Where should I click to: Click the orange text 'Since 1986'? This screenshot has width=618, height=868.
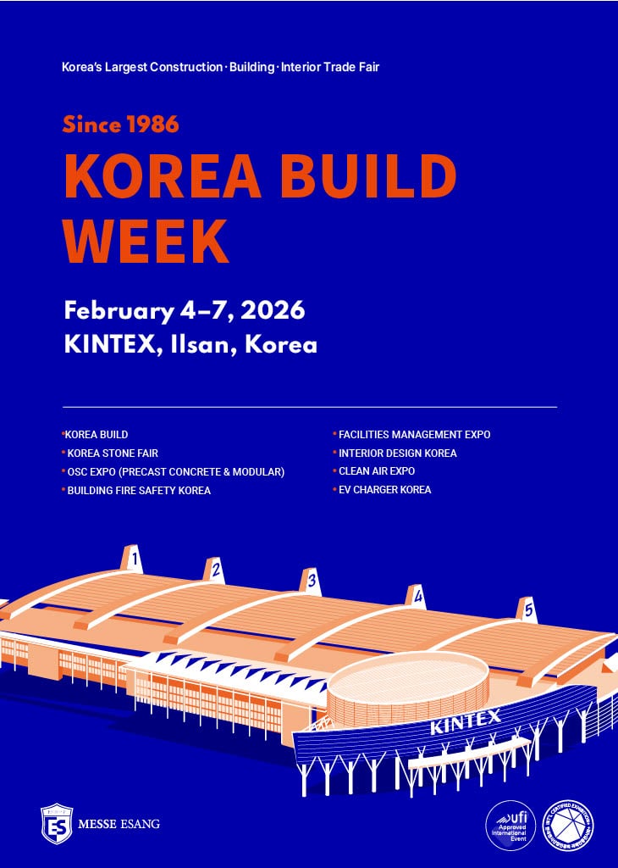[x=120, y=124]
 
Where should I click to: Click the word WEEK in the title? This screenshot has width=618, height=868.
[x=146, y=241]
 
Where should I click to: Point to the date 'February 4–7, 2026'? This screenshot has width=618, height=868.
[x=184, y=310]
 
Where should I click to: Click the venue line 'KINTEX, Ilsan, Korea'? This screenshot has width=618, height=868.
[x=190, y=345]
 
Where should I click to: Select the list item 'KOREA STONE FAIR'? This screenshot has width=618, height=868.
[x=112, y=453]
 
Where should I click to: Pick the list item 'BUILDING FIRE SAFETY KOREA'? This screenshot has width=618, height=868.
[x=139, y=490]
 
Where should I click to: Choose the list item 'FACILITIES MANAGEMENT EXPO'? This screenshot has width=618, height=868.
[x=414, y=434]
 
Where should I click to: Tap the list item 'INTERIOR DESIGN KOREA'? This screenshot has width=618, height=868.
[x=397, y=453]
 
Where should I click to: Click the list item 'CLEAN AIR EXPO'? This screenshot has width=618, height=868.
[x=377, y=470]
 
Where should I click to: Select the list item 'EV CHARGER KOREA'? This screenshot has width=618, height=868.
[x=384, y=489]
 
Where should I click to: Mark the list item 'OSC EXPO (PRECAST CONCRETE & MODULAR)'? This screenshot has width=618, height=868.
[x=175, y=471]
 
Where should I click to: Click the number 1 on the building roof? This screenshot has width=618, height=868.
[x=133, y=559]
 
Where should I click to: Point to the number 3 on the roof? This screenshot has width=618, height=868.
[x=312, y=581]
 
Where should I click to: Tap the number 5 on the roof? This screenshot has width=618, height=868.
[x=528, y=609]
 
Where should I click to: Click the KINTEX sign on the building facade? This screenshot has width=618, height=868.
[x=466, y=721]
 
